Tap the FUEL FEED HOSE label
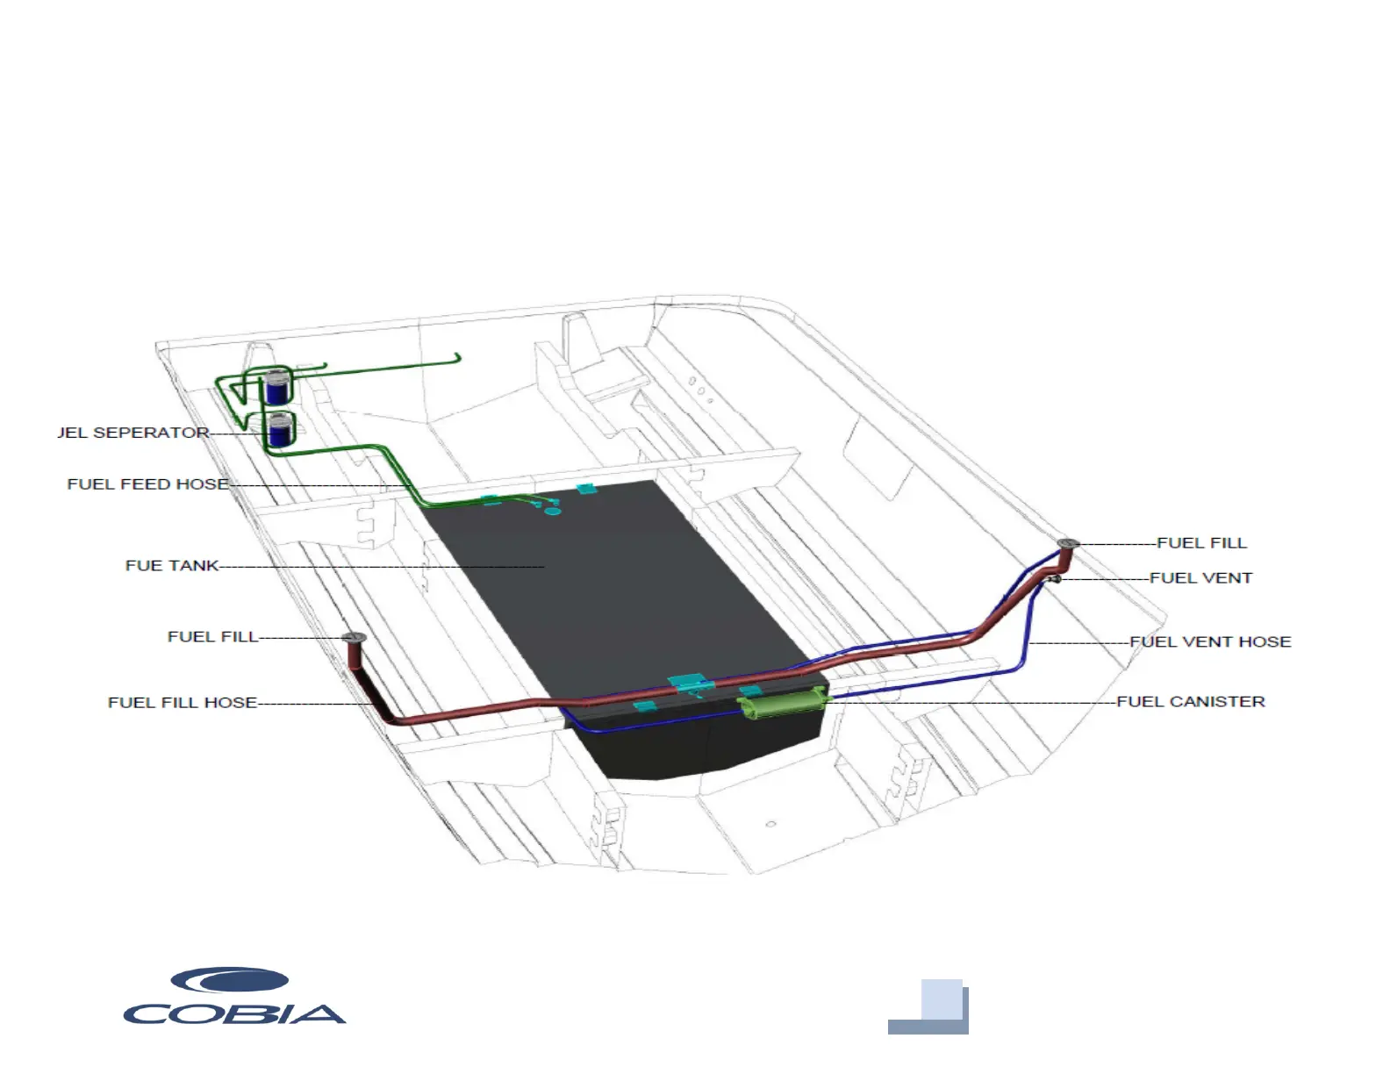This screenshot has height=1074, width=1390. (x=147, y=484)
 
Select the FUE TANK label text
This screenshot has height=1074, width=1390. (x=172, y=566)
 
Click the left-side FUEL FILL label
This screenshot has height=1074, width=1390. (x=212, y=637)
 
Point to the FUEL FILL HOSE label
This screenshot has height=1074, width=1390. (x=183, y=703)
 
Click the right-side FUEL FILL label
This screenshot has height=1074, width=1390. (x=1201, y=543)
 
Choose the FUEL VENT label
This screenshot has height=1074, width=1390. (x=1200, y=578)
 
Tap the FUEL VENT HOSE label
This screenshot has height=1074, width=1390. (x=1210, y=642)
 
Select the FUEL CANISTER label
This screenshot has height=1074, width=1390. (x=1191, y=702)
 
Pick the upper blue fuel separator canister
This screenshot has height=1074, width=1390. (x=277, y=386)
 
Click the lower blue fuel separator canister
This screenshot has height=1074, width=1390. (x=280, y=430)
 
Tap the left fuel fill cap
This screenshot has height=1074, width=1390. (x=353, y=638)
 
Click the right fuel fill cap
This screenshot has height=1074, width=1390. (x=1067, y=545)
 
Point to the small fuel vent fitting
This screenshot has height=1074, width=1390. (x=1055, y=579)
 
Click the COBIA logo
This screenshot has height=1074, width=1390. (x=234, y=997)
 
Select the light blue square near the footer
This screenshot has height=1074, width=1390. (x=942, y=999)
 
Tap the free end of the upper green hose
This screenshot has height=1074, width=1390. (x=457, y=356)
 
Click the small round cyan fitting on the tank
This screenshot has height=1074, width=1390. (x=553, y=511)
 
